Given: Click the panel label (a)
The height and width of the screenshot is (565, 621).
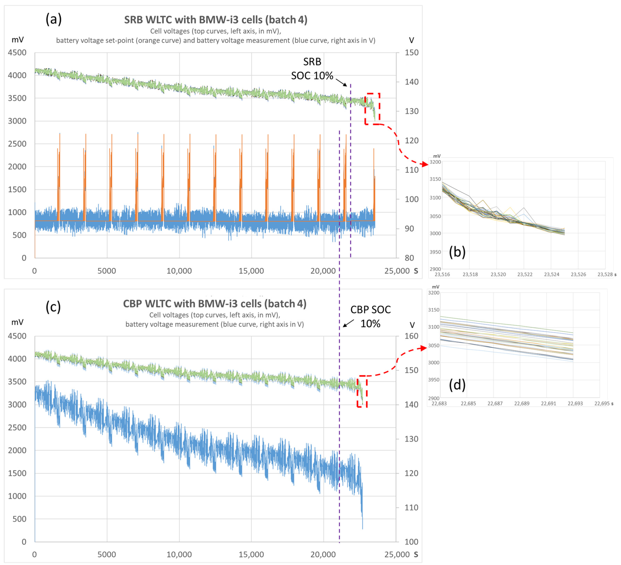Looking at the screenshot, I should tap(54, 19).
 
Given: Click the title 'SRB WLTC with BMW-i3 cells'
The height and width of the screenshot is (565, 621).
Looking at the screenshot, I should tap(216, 20).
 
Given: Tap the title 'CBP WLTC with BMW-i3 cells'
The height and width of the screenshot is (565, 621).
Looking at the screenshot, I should tap(215, 304).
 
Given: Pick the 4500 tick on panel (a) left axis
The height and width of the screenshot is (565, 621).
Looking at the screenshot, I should tap(17, 53).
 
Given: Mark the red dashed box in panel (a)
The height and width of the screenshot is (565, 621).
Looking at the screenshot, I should tap(372, 109).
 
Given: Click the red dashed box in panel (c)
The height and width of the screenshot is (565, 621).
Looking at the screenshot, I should tap(362, 391).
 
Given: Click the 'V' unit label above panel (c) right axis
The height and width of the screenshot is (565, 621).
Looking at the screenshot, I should tap(412, 325).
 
